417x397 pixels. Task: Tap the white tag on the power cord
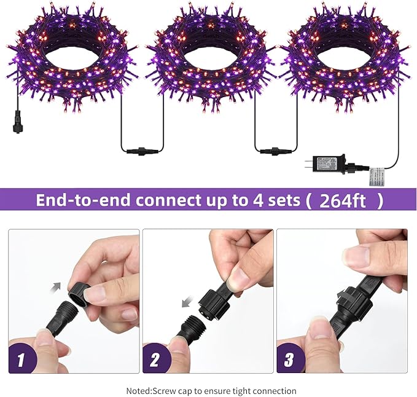(376, 176)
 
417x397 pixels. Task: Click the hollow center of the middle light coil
(208, 58)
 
